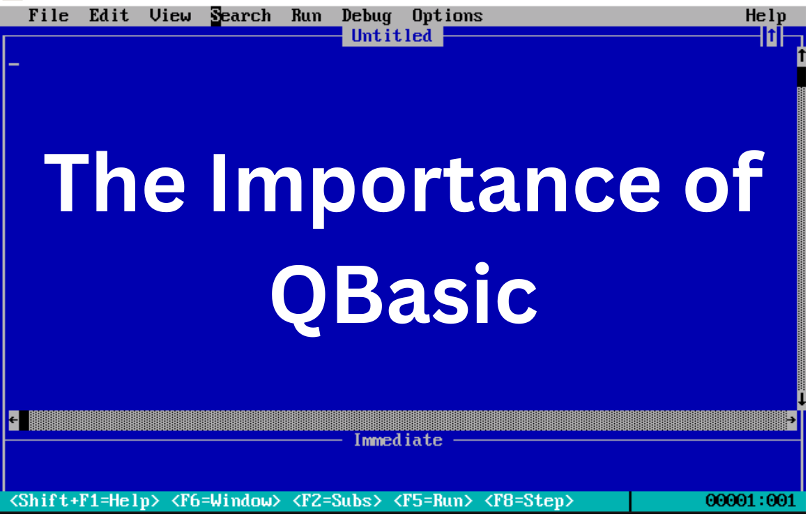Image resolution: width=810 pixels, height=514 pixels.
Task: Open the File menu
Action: [x=48, y=15]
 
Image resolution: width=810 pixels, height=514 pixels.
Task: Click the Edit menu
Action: [x=109, y=15]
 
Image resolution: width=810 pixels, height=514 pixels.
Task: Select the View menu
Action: [x=169, y=15]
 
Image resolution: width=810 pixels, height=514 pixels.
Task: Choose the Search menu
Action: [x=240, y=15]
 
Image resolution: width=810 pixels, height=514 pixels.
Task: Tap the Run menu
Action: [x=306, y=15]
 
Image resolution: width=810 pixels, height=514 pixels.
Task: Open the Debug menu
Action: [x=366, y=15]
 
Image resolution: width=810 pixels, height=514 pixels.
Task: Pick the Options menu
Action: [x=447, y=15]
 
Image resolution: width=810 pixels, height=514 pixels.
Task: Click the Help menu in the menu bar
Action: [x=765, y=15]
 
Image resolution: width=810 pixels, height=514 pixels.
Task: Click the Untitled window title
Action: [x=392, y=36]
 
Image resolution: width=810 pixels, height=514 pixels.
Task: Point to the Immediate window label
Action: [x=397, y=440]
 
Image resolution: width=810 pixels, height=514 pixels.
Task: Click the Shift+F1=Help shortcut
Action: [x=84, y=501]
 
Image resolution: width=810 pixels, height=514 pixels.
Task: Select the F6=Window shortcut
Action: [x=226, y=501]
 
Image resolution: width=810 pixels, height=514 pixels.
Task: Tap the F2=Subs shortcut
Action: [x=337, y=501]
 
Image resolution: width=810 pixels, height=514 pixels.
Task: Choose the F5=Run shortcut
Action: [x=433, y=501]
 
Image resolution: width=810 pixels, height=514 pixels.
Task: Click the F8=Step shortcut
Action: [x=529, y=501]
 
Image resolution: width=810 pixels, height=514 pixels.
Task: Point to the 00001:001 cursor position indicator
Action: [x=750, y=501]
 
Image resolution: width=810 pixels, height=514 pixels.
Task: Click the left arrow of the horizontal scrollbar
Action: [x=13, y=420]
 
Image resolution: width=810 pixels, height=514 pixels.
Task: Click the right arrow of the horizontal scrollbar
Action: [x=790, y=420]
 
